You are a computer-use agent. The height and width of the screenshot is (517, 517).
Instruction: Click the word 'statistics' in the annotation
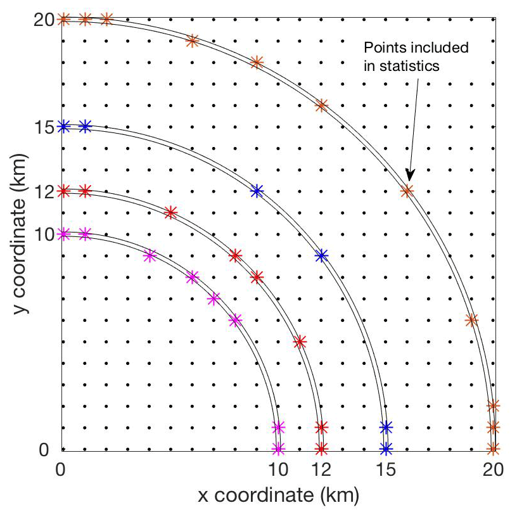[x=409, y=67]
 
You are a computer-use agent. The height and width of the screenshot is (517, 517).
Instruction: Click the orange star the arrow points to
[x=407, y=190]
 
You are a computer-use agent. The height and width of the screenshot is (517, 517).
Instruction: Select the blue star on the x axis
[x=386, y=449]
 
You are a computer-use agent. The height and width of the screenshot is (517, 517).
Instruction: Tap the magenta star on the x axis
[x=278, y=449]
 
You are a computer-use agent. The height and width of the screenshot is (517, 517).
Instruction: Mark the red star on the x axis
[x=321, y=449]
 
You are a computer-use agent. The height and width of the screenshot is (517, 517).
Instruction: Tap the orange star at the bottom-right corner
[x=493, y=449]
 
